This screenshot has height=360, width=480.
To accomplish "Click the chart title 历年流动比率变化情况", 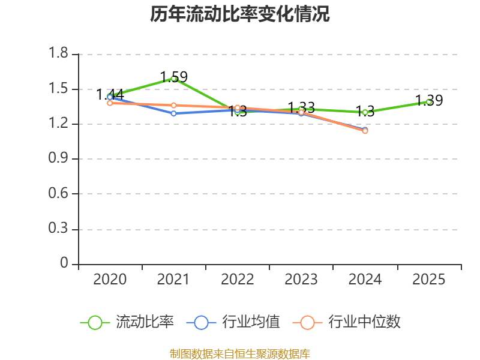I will click(x=240, y=14).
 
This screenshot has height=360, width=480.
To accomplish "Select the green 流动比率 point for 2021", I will click(x=173, y=79).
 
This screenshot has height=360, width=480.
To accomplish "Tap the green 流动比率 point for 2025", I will click(x=428, y=102).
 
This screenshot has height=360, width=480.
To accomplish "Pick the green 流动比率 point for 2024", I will click(x=365, y=112).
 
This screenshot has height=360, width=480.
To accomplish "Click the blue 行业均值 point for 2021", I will click(x=173, y=113).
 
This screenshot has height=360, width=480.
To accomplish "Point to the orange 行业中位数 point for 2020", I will click(x=110, y=103).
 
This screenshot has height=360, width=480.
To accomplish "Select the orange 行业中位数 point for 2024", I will click(x=365, y=131).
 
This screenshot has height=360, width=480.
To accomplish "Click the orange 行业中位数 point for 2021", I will click(x=173, y=106).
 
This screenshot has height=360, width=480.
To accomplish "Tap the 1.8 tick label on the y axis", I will click(x=59, y=55).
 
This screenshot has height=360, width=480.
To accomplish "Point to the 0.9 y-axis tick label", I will click(x=59, y=159).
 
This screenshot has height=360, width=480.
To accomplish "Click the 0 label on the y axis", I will click(x=65, y=264).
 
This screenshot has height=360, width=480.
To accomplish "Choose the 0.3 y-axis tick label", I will click(x=59, y=229).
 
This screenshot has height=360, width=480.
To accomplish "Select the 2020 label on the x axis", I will click(x=110, y=280).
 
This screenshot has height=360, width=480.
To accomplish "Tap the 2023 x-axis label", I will click(x=301, y=280).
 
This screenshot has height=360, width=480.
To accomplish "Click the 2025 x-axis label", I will click(x=428, y=280).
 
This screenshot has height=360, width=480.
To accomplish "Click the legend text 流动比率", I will click(x=145, y=322).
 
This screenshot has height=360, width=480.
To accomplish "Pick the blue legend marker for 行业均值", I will click(x=201, y=322).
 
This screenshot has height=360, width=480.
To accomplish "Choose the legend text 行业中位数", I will click(x=364, y=322).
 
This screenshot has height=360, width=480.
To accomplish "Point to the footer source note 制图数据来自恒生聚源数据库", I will click(x=240, y=353).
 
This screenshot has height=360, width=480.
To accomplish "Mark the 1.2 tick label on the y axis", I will click(x=59, y=124).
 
